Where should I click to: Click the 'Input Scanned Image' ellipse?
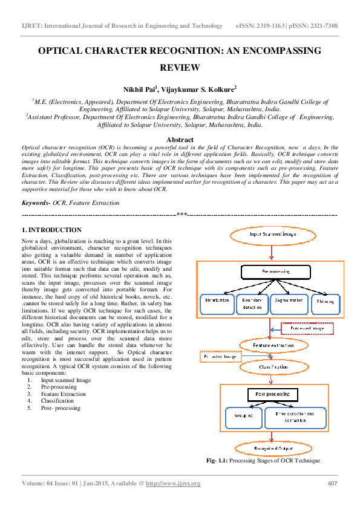(x=272, y=233)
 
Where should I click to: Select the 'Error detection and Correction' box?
(x=299, y=417)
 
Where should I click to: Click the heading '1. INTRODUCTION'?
(x=51, y=230)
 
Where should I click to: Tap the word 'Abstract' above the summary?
(x=180, y=138)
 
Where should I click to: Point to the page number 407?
(x=332, y=483)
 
